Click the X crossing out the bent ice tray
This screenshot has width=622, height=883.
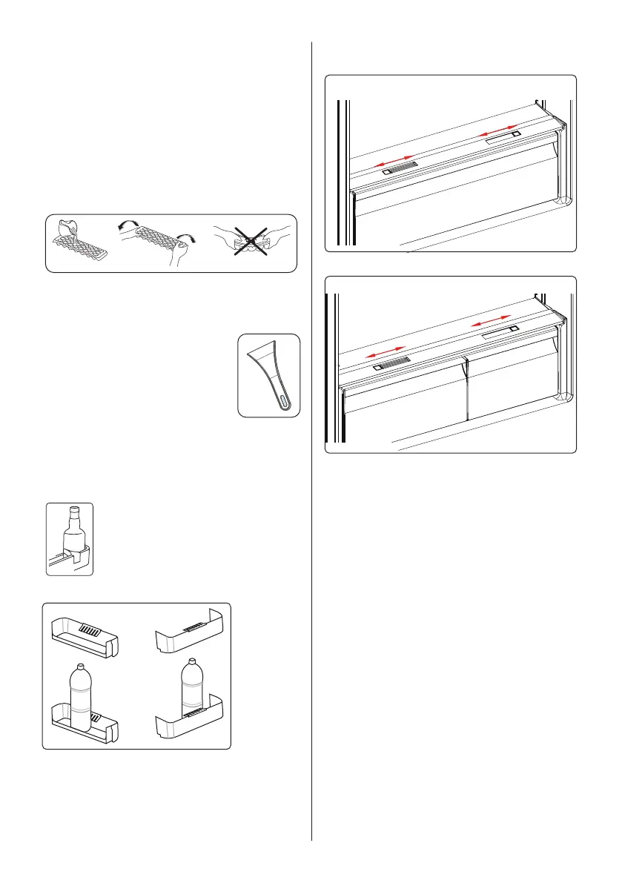tap(251, 241)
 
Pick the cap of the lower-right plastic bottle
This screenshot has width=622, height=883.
tap(192, 661)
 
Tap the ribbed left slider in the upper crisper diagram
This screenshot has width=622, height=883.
tap(400, 168)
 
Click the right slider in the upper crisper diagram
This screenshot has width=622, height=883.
tap(503, 136)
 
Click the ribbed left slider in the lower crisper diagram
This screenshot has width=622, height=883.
tap(391, 364)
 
